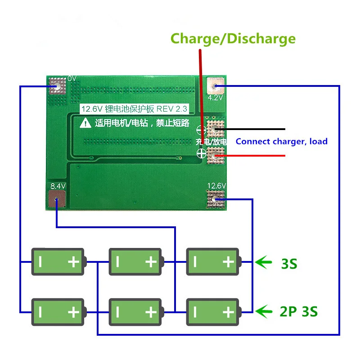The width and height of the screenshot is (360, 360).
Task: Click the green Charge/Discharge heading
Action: click(233, 39)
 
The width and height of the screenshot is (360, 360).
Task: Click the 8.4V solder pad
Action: click(57, 200)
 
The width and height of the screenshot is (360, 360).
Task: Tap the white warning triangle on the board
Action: click(85, 122)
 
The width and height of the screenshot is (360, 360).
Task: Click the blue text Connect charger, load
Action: click(281, 141)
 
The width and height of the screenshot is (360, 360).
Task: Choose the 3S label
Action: click(289, 263)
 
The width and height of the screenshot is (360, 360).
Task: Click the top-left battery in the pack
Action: click(58, 261)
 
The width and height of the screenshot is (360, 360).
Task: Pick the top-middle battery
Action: click(135, 261)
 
